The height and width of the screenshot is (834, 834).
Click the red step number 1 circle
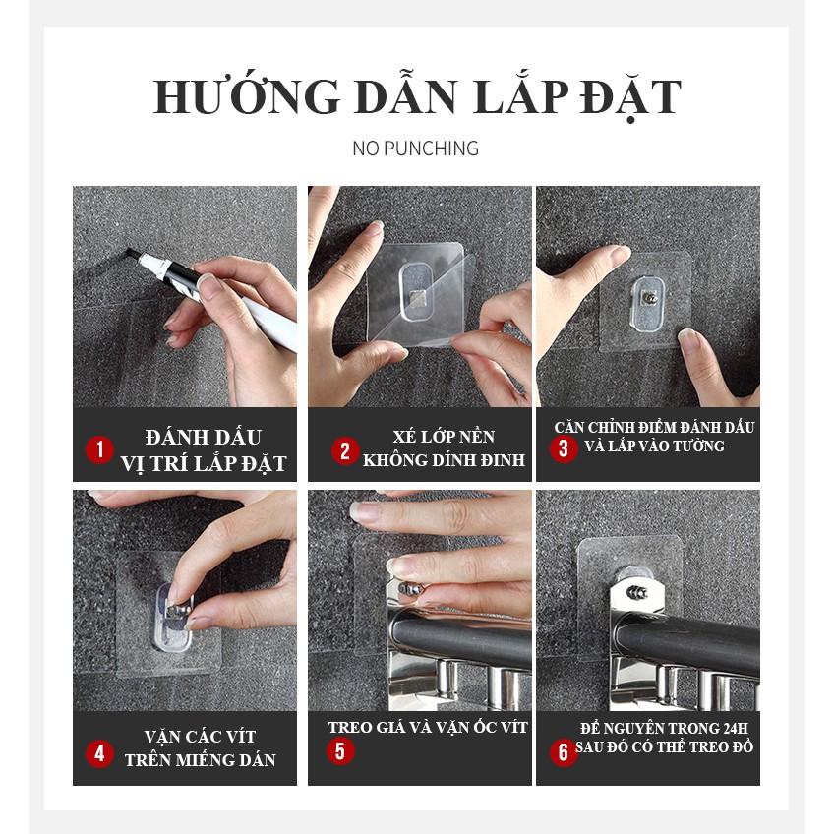point(99,450)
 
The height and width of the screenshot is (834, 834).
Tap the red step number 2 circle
point(344,451)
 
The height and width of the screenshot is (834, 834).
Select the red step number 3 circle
point(564,450)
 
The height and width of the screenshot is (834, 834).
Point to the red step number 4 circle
point(99,754)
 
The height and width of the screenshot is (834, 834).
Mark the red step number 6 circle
point(564,752)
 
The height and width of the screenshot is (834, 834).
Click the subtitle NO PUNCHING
point(416,149)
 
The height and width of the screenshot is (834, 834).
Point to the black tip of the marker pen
point(132,253)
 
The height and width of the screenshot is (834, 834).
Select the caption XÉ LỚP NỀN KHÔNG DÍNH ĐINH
point(443,447)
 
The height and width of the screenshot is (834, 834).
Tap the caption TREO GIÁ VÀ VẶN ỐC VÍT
point(428,728)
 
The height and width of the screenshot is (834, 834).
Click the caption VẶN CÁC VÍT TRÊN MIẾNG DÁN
point(200,747)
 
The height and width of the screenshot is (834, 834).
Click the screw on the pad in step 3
point(651,295)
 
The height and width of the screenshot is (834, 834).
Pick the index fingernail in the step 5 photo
point(402,566)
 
